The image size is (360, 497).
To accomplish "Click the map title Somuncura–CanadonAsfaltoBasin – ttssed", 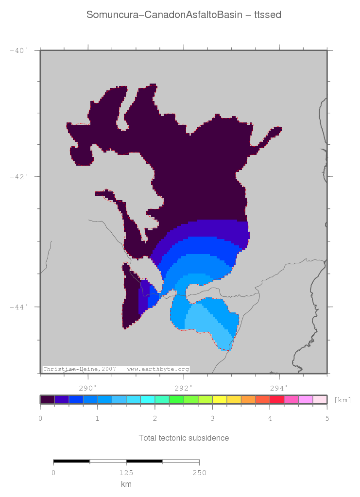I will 184,15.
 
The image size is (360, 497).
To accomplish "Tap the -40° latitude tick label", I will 19,50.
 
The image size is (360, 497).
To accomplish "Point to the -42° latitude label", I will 19,176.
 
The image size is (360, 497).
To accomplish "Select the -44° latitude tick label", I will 19,307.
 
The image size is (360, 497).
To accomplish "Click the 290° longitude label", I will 88,388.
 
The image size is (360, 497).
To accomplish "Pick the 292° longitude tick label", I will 184,388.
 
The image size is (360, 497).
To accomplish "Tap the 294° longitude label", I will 279,388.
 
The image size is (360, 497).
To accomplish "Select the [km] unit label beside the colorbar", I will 343,400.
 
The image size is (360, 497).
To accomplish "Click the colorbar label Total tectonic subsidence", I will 184,438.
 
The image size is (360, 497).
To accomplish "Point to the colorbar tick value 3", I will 212,418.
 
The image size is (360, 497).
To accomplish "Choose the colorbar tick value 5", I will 327,418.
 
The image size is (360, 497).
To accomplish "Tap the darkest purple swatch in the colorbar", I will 48,400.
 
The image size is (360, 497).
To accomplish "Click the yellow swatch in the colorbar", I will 219,400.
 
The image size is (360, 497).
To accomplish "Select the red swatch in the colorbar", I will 276,400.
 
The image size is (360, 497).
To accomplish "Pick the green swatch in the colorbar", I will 176,400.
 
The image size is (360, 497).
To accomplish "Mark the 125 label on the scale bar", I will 126,473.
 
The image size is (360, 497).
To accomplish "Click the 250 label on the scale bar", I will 199,473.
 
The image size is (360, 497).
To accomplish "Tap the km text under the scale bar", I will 126,484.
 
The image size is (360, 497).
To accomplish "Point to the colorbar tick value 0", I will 40,418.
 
